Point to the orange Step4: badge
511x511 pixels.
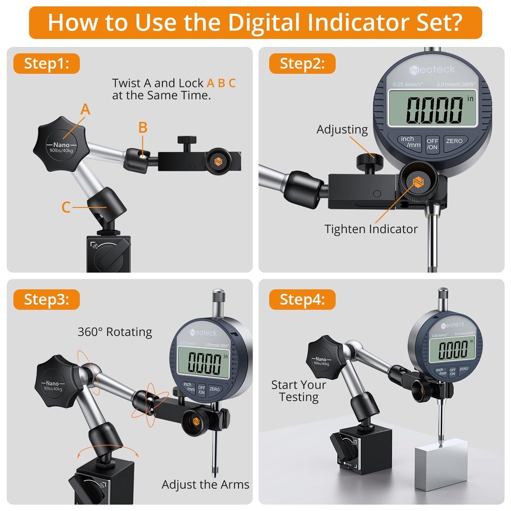coord(303,299)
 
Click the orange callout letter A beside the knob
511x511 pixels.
coord(85,109)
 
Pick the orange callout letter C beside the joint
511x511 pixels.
coord(66,207)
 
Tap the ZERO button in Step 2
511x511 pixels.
coord(454,141)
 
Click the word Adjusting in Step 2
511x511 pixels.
coord(342,130)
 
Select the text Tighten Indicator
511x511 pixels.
coord(371,229)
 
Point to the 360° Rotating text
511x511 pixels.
coord(114,332)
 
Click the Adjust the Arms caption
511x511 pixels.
coord(205,484)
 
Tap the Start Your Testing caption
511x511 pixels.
coord(298,391)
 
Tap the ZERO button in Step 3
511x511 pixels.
coord(214,389)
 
